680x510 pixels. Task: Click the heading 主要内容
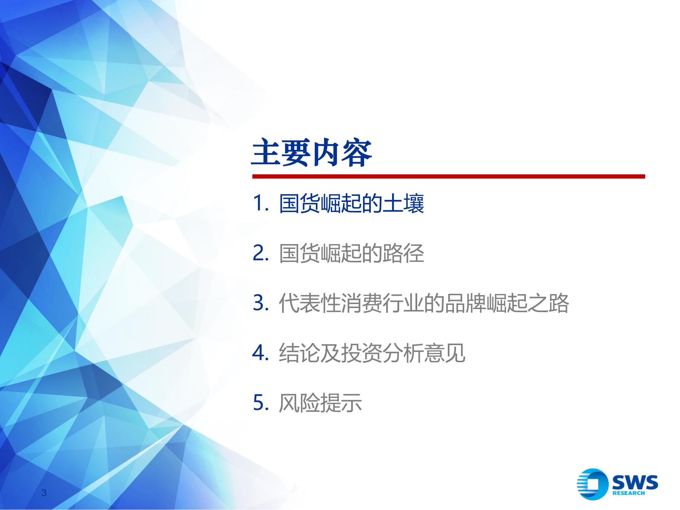coord(311,153)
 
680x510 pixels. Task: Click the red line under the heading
coord(448,176)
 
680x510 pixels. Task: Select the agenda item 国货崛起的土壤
coord(351,204)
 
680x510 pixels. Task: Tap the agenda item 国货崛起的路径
coord(351,253)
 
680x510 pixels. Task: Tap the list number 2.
coord(261,254)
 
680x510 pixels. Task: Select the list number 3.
coord(261,303)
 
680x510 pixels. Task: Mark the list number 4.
coord(261,353)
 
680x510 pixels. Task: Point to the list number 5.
coord(261,403)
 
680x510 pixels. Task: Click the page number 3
coord(44,493)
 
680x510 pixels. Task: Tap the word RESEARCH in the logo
coord(628,493)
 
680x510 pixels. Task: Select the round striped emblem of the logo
coord(592,484)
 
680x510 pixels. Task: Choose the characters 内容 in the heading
coord(342,153)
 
